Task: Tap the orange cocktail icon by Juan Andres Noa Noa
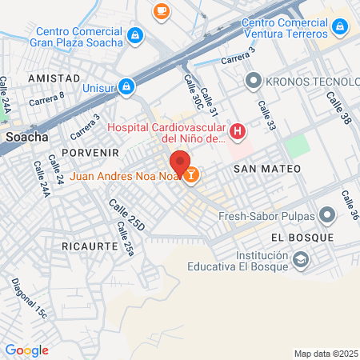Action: point(192,174)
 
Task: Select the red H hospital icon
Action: point(237,131)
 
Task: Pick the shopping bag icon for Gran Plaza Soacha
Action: point(135,35)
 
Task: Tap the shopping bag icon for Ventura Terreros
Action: point(340,27)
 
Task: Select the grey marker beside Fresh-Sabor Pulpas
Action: point(326,214)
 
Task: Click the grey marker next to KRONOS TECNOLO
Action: point(254,81)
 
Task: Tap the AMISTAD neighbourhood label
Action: point(54,78)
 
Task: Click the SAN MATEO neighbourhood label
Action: point(267,169)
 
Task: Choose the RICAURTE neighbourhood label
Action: point(90,246)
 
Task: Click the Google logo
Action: point(26,350)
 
